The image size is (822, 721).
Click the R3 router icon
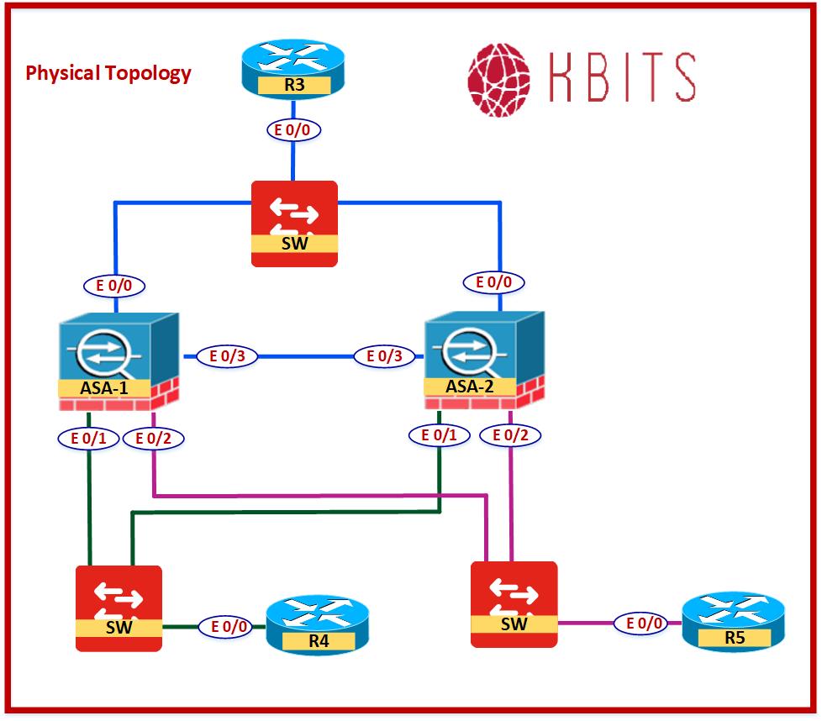point(292,67)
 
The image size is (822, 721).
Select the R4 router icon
point(318,625)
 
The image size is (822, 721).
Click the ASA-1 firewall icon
point(118,361)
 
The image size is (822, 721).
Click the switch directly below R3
point(294,224)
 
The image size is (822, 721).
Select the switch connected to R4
point(119,608)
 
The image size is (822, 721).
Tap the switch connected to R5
point(514,604)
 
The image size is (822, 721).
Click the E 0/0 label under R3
point(294,129)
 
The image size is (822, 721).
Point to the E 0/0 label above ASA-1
point(114,286)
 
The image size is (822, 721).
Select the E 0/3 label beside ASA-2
point(385,356)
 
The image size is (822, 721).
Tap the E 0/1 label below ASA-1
point(87,438)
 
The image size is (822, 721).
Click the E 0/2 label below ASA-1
point(153,438)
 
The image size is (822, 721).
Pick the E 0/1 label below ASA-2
point(439,435)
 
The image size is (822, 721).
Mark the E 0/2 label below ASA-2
point(510,435)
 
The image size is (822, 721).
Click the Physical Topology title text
point(108,73)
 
